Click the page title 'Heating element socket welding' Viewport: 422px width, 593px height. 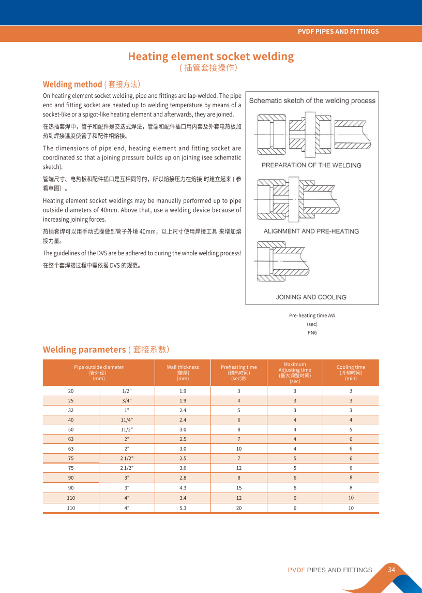tap(210, 56)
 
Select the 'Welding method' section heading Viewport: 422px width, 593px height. tap(72, 84)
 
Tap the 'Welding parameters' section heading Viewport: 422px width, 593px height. tap(84, 349)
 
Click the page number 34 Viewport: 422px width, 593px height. tap(391, 570)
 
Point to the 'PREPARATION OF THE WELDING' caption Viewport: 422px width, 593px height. tap(311, 165)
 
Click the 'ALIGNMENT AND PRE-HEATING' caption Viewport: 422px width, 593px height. tap(311, 231)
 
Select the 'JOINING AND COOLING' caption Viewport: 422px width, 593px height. tap(311, 297)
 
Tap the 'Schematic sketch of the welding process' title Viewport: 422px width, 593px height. tap(312, 100)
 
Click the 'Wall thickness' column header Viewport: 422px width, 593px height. tap(183, 372)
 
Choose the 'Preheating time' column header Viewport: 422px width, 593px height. tap(238, 372)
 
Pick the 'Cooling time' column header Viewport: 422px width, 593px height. tap(351, 372)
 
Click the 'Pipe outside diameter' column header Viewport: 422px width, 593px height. tap(99, 372)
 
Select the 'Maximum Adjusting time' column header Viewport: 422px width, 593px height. tap(295, 372)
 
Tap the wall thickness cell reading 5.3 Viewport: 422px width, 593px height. tap(183, 508)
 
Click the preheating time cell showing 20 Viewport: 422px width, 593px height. tap(239, 508)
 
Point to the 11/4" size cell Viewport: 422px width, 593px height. tap(127, 420)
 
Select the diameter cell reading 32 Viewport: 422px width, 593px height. tap(71, 410)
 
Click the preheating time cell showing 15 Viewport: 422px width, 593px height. tap(239, 488)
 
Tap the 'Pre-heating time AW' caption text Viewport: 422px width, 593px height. tap(312, 315)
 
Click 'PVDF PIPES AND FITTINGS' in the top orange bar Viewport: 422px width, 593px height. tap(338, 32)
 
